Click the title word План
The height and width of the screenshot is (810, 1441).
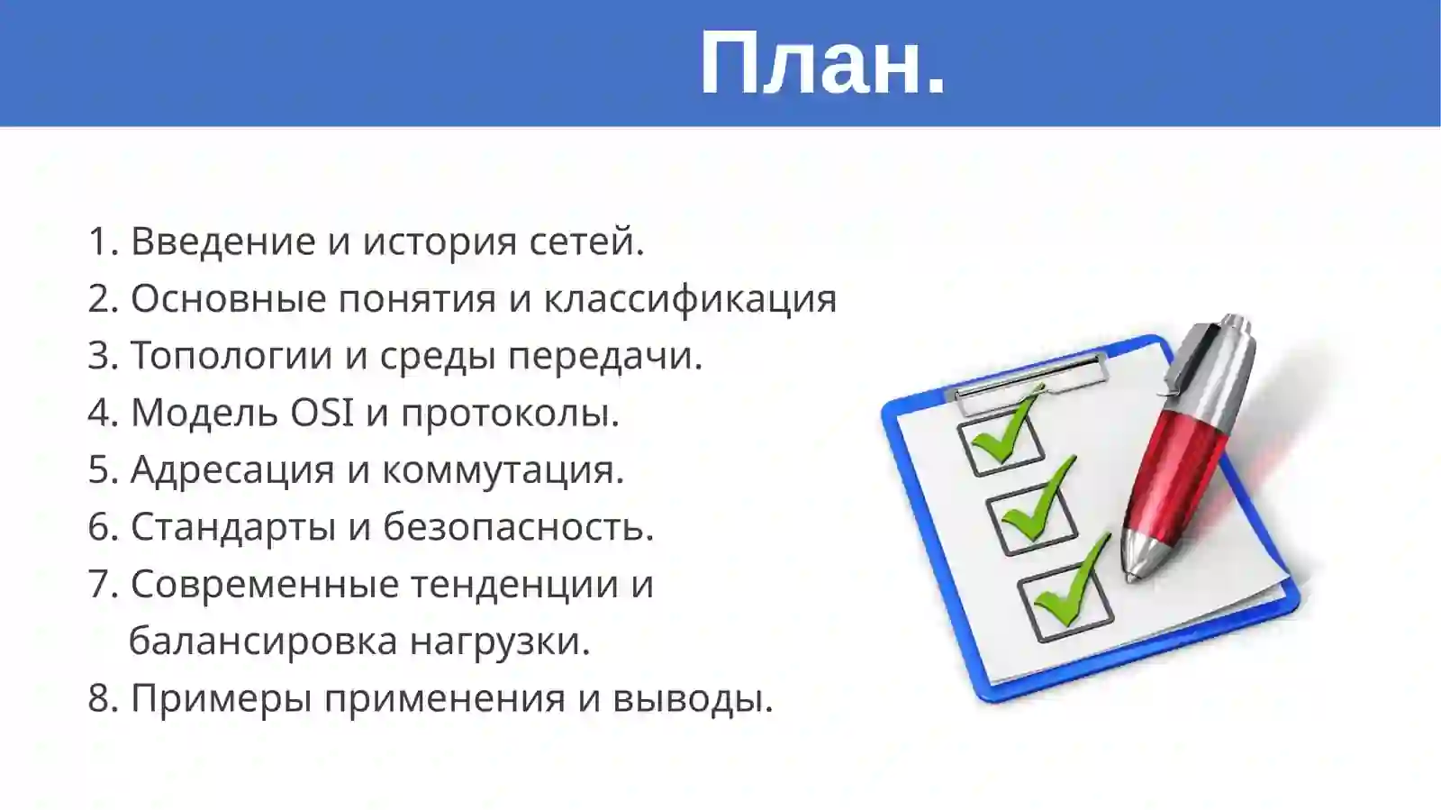click(822, 63)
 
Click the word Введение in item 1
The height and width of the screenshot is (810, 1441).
click(222, 241)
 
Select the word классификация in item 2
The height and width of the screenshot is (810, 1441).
click(690, 299)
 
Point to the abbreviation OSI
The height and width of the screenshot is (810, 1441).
click(322, 413)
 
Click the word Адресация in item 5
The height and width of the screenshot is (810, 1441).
click(231, 469)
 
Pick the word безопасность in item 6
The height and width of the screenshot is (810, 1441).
click(517, 527)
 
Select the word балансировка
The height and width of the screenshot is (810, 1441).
click(263, 642)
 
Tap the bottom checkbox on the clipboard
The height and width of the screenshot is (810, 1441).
click(1065, 602)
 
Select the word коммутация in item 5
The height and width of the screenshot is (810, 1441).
click(502, 469)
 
